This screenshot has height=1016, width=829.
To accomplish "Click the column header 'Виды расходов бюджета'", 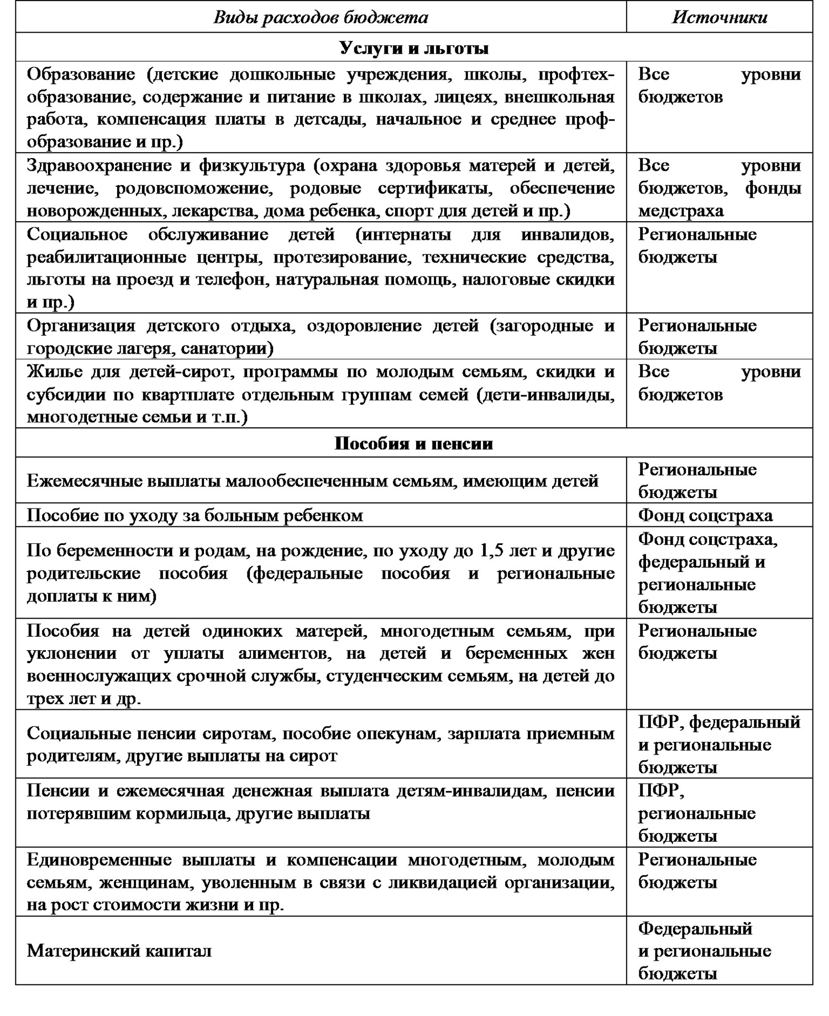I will click(321, 18).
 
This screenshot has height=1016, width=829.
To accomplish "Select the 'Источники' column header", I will click(719, 18).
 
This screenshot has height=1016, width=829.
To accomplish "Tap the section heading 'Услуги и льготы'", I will click(414, 48).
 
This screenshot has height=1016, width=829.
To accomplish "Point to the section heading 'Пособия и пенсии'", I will click(414, 443).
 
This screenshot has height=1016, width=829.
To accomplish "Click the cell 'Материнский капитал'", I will click(119, 951).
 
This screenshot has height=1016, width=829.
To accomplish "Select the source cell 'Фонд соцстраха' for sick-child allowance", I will click(705, 515).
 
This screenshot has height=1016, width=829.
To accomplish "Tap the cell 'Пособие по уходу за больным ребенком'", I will click(195, 515).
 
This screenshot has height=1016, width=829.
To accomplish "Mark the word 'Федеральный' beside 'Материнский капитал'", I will click(695, 928).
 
